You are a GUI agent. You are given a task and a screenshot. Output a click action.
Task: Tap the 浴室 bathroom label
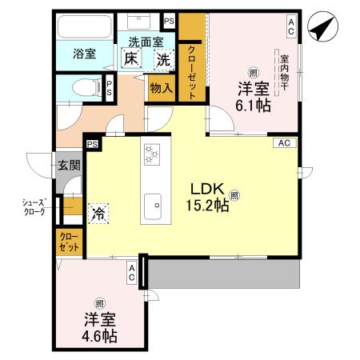click(85, 54)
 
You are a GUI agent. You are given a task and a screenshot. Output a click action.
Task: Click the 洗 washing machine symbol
click(163, 58)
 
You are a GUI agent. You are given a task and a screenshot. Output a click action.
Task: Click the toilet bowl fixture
click(82, 87)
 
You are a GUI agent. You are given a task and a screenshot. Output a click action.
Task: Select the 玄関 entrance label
click(68, 165)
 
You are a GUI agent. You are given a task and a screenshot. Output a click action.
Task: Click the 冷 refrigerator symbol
click(98, 213)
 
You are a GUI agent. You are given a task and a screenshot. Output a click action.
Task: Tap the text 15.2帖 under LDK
click(210, 206)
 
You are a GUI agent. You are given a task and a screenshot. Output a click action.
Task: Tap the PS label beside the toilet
click(110, 87)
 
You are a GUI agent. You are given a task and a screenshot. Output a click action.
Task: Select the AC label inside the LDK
click(283, 143)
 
